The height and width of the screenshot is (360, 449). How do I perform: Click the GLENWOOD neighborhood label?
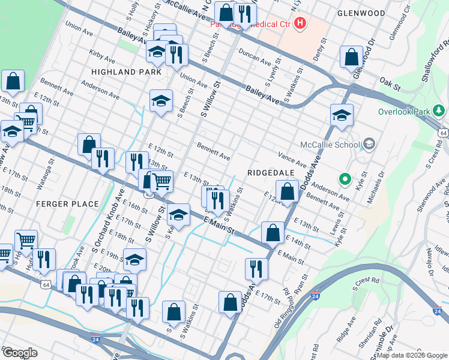pos(361,13)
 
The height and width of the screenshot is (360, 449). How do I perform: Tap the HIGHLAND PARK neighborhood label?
pos(126,72)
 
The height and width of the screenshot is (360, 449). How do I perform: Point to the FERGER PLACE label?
pos(67,204)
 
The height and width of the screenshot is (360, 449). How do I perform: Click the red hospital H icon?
pos(300,24)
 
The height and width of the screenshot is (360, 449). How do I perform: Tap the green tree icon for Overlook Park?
pos(439,111)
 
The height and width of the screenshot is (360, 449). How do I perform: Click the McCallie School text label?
pos(330,144)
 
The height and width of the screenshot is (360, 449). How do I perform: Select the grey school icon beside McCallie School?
pos(369,144)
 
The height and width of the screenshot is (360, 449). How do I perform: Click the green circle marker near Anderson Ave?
pos(345,178)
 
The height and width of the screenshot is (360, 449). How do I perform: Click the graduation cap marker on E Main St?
pos(178,214)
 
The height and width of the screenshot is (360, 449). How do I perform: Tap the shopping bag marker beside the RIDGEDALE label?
pos(288,192)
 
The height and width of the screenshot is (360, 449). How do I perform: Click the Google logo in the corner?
pos(20,353)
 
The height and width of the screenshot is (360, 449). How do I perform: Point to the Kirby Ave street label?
pos(101,56)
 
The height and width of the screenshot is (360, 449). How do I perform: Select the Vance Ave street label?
pos(292,160)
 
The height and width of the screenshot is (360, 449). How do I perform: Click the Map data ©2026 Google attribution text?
pos(411,355)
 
